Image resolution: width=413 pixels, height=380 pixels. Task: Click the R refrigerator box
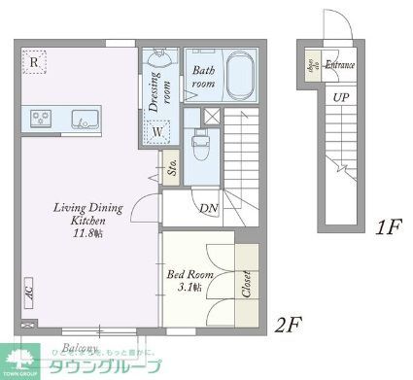(34, 63)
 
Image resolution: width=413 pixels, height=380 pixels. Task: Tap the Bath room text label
(203, 77)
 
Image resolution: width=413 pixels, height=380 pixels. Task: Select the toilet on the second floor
(200, 145)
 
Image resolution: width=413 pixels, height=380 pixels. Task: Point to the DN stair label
(208, 208)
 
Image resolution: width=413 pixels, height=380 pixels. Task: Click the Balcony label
(81, 347)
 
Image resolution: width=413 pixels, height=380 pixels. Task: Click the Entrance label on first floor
(340, 65)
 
